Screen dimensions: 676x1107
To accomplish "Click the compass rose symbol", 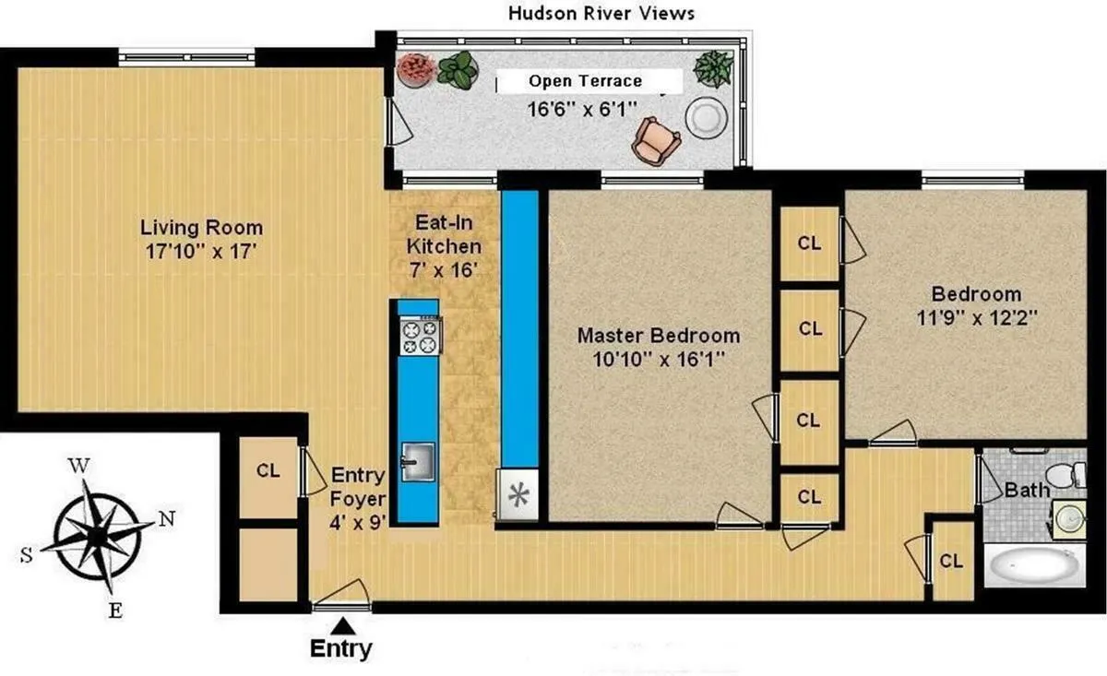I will point(97,532).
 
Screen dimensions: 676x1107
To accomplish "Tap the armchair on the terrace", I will point(656,140).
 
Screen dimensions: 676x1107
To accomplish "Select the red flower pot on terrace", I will point(415,69).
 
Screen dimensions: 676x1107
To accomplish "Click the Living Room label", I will point(201,227).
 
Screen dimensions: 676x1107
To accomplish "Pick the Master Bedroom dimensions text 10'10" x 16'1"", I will point(658,360).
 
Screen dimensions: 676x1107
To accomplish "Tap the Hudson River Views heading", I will point(601,13).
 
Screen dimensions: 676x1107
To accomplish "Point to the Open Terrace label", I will point(585,81).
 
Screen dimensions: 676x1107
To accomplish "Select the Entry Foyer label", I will point(357,475).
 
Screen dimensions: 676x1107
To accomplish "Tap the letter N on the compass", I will point(167,518).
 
